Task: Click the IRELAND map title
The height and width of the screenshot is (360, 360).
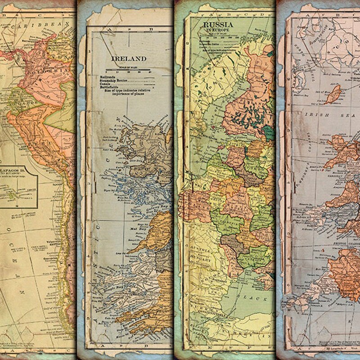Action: [129, 58]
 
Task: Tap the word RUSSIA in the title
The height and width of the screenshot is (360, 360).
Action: [218, 24]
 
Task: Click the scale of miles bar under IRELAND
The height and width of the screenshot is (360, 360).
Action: [128, 71]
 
